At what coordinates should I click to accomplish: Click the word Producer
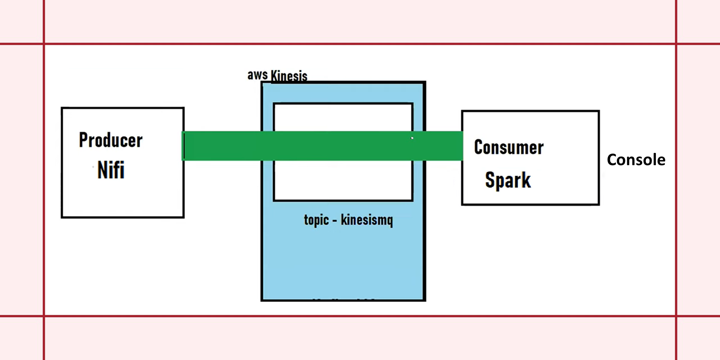(111, 140)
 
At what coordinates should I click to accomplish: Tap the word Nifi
(111, 170)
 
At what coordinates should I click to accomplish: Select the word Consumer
(508, 147)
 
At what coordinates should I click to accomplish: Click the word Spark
(508, 180)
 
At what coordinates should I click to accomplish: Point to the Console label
(636, 160)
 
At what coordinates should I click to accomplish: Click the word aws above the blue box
(257, 75)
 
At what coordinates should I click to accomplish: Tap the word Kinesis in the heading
(289, 76)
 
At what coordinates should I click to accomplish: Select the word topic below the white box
(316, 220)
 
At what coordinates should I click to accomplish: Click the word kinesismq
(366, 220)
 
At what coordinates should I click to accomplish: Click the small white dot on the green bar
(412, 138)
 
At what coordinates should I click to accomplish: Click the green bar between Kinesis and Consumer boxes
(444, 146)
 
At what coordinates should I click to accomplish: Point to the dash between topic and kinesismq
(335, 220)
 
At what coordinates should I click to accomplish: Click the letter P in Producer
(84, 140)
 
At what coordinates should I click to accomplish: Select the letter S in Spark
(490, 180)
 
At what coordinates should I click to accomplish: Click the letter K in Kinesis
(275, 76)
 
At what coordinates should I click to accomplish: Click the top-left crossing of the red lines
(44, 44)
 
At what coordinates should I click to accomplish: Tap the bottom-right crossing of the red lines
(676, 316)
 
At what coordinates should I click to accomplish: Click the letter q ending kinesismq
(389, 221)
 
